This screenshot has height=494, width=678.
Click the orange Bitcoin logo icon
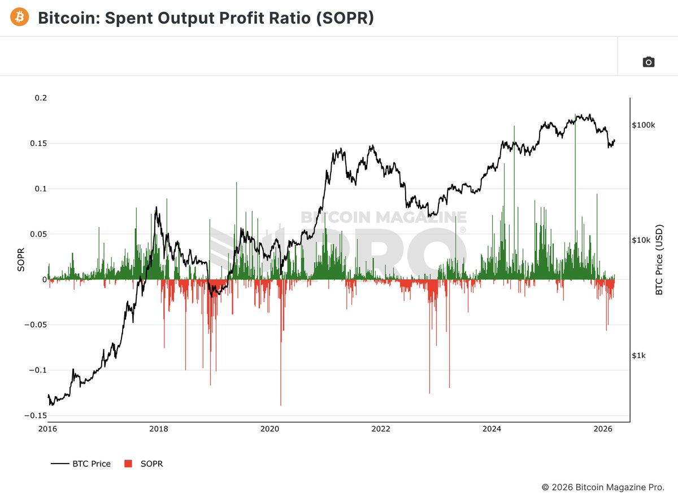[x=20, y=18]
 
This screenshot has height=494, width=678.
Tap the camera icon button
[x=649, y=62]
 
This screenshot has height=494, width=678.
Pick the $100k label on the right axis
[x=644, y=125]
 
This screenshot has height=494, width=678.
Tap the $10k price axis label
[x=642, y=240]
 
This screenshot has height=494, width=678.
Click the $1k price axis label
[x=640, y=356]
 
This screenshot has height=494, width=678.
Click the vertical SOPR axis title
[x=21, y=260]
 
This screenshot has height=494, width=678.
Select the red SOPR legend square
[x=128, y=464]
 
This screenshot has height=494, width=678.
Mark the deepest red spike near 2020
[x=281, y=404]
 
